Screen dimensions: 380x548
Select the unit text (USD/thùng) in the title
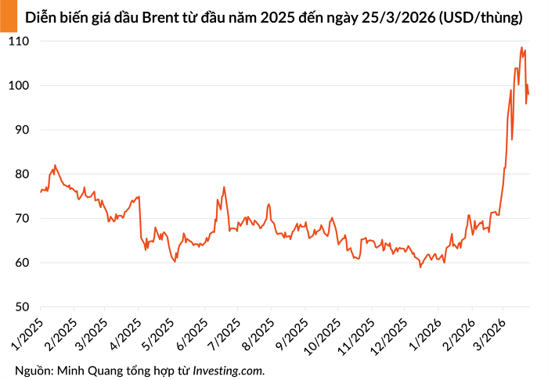481,17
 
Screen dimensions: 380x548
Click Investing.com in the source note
229,370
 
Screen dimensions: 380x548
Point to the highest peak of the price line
521,48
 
